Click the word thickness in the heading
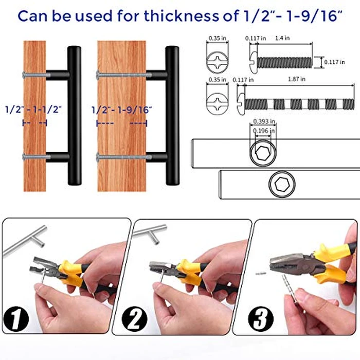(181, 15)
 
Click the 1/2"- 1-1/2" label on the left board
(33, 110)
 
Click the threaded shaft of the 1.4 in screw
(285, 63)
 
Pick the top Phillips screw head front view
(217, 62)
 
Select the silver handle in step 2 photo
(149, 234)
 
